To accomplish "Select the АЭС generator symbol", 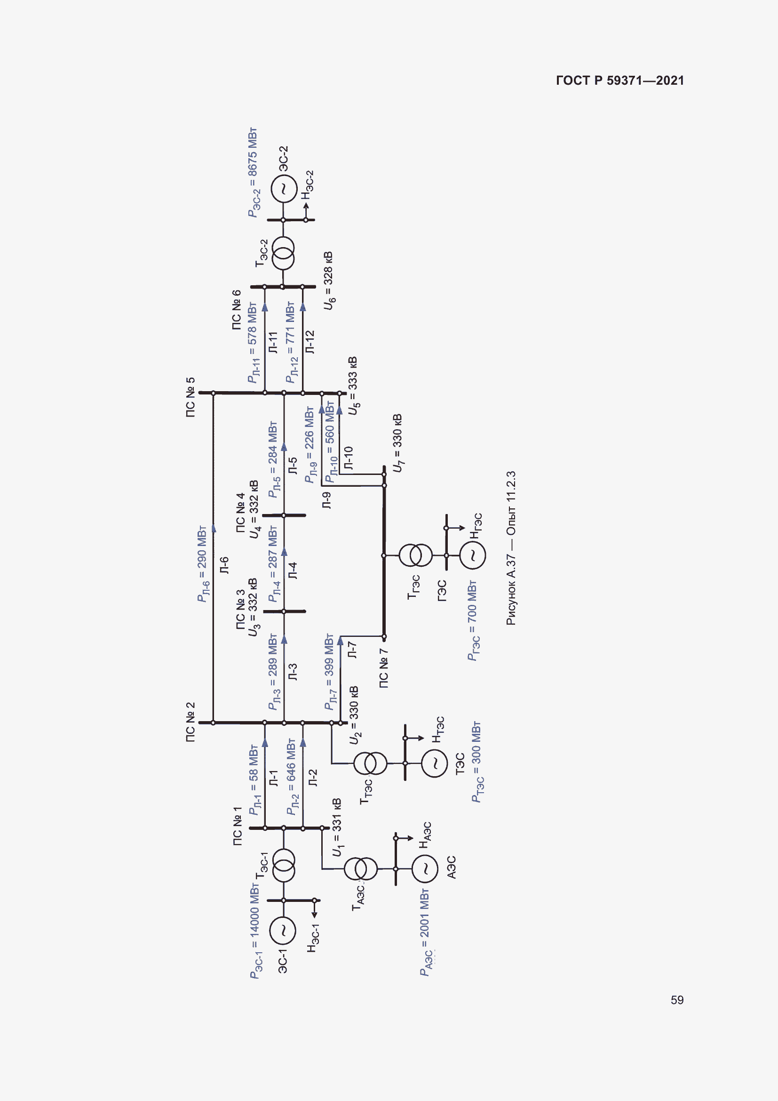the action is (424, 869).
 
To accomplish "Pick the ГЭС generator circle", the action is (472, 555).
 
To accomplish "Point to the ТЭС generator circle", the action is (435, 763).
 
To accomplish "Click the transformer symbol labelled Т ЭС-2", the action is (283, 254).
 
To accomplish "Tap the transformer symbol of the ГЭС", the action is (415, 555).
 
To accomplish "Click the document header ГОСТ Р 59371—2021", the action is (620, 80).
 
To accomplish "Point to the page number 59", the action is (677, 1000).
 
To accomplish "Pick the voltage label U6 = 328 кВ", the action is (329, 281).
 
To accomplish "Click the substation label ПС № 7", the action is (384, 668).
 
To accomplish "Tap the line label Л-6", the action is (224, 565).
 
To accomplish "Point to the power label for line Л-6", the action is (203, 564).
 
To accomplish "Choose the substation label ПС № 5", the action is (190, 397).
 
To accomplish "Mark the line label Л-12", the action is (310, 342).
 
